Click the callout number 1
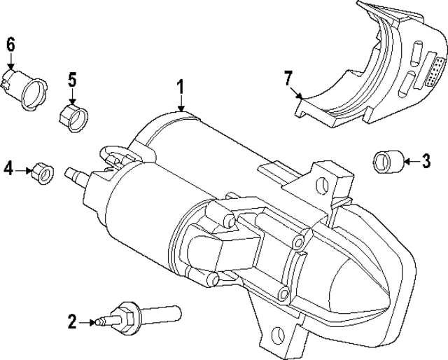(x=180, y=88)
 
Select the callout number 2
(x=71, y=322)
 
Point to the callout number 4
(x=8, y=168)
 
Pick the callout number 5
(x=72, y=79)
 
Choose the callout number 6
(x=10, y=43)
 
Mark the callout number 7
(x=286, y=78)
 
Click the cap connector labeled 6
(x=28, y=88)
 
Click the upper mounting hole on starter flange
(x=323, y=185)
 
